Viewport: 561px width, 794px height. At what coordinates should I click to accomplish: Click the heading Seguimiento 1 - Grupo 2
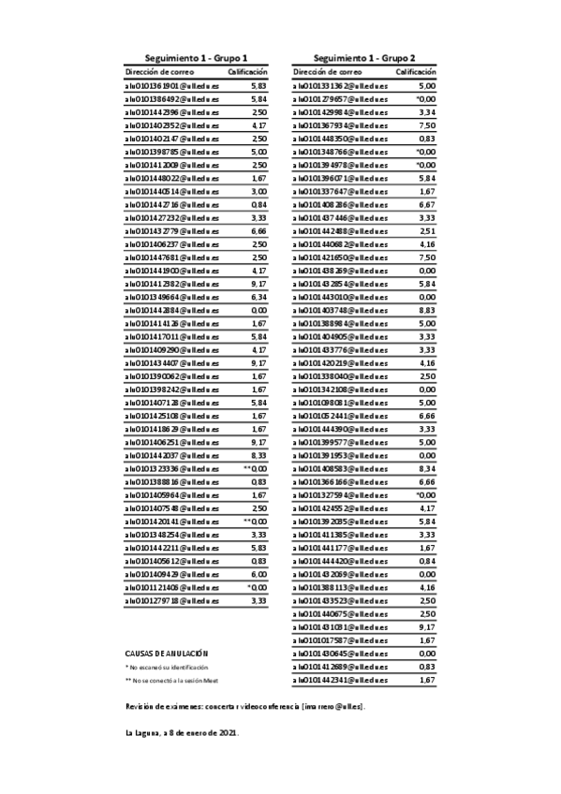pyautogui.click(x=364, y=58)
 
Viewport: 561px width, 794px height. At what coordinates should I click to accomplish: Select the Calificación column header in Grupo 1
pyautogui.click(x=248, y=71)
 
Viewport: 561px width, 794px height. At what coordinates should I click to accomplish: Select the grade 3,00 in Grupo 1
pyautogui.click(x=259, y=190)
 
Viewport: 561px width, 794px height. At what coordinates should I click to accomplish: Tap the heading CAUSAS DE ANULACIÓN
pyautogui.click(x=166, y=679)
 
